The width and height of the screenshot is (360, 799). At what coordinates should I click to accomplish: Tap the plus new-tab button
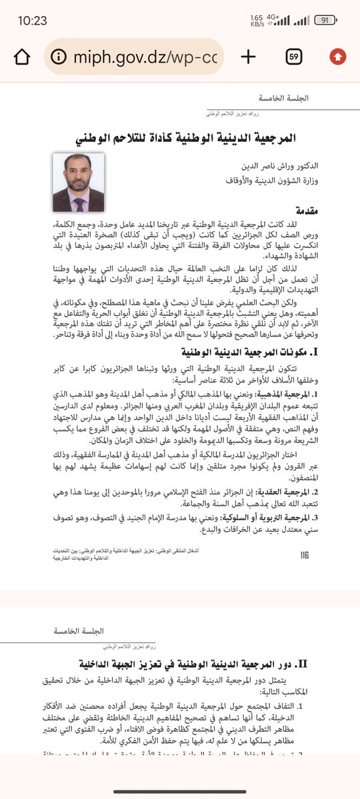click(x=248, y=56)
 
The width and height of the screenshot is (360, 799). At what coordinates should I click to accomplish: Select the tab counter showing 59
click(x=293, y=56)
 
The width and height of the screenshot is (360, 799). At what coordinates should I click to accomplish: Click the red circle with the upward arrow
click(x=337, y=56)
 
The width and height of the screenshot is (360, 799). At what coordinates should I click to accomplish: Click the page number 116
click(x=305, y=554)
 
